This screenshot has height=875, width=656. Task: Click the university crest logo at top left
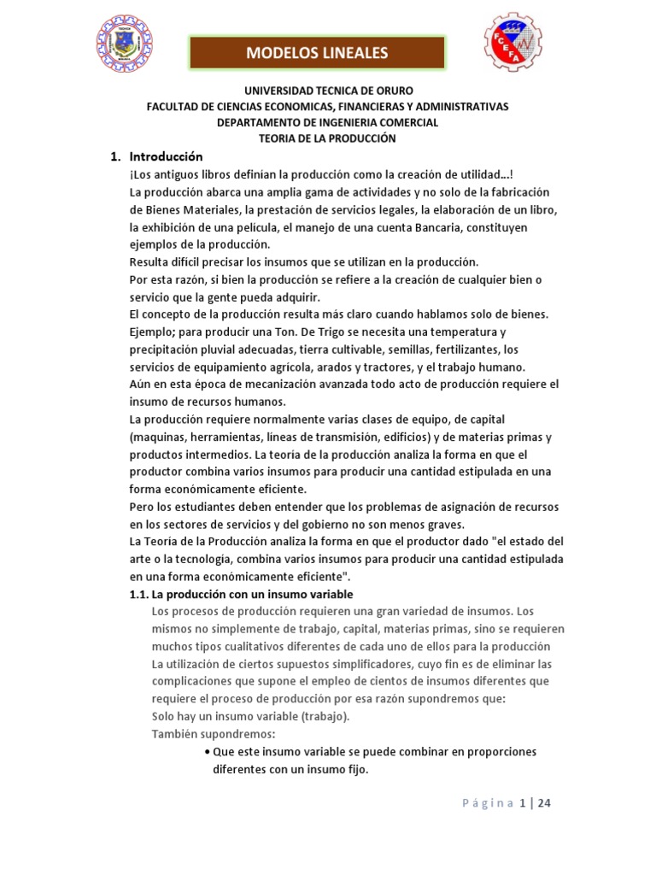click(x=125, y=44)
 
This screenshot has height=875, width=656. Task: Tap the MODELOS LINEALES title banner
click(x=317, y=53)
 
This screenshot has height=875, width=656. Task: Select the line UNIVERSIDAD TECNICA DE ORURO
click(x=328, y=91)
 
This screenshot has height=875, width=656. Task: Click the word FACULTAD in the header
click(x=173, y=107)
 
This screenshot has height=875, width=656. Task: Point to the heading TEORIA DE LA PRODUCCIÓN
click(x=328, y=138)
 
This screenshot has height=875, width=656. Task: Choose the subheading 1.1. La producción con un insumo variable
click(x=240, y=594)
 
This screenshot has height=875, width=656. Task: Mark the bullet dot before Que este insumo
click(x=208, y=752)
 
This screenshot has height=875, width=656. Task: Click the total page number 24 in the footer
click(x=545, y=803)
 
